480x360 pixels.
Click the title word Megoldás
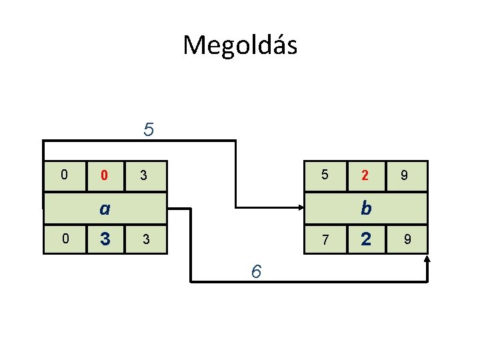pos(240,45)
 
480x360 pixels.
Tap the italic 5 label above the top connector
pos(149,129)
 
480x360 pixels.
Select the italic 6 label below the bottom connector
pos(256,271)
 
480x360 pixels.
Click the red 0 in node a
pos(104,176)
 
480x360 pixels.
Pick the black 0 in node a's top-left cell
pos(63,175)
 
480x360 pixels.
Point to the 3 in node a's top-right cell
pos(143,176)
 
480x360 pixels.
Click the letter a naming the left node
pos(104,209)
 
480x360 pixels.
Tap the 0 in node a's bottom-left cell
pos(63,239)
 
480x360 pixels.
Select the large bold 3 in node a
pos(104,239)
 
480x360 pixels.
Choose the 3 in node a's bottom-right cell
pos(143,239)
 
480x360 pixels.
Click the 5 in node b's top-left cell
pos(325,175)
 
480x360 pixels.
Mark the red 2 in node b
pos(365,176)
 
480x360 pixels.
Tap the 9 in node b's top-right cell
pos(404,176)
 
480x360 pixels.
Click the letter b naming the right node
pos(365,209)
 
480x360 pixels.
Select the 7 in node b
pos(325,239)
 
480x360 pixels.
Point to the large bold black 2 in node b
pos(365,239)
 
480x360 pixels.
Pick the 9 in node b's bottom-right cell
pos(404,239)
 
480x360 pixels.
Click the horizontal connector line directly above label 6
pos(256,282)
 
